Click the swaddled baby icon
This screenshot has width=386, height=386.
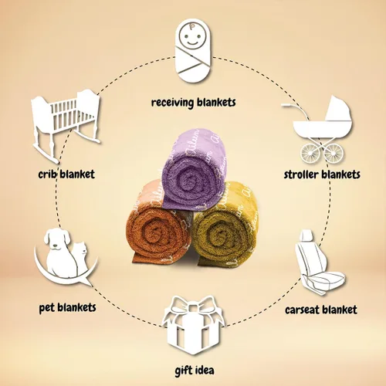(x=193, y=50)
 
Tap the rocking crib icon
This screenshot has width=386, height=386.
(x=66, y=125)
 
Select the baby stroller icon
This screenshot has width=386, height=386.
(x=319, y=129)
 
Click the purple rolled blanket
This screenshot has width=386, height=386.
(x=195, y=170)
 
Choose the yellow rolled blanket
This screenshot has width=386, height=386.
(x=226, y=226)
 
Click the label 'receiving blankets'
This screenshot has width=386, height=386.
(x=193, y=103)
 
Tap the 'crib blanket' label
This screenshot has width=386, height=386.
(x=66, y=174)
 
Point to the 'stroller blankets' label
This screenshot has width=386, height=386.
(x=322, y=174)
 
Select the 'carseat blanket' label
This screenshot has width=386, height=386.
(x=321, y=310)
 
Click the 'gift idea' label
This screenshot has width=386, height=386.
(x=195, y=371)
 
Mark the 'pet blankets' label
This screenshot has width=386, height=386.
(x=67, y=307)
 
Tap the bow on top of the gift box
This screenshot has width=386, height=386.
(x=194, y=306)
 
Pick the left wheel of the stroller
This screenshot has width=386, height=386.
(x=310, y=153)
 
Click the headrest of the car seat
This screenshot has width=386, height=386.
(x=306, y=235)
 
